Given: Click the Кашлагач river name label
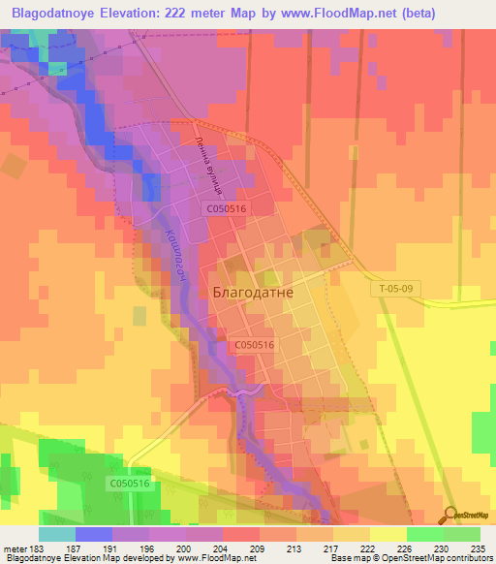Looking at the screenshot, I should [172, 254].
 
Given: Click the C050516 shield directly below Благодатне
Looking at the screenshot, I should [255, 345].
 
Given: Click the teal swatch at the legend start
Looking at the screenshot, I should [56, 534].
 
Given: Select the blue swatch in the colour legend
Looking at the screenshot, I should [93, 534].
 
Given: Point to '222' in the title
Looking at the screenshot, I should [189, 14].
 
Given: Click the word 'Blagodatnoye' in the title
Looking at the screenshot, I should [54, 14].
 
